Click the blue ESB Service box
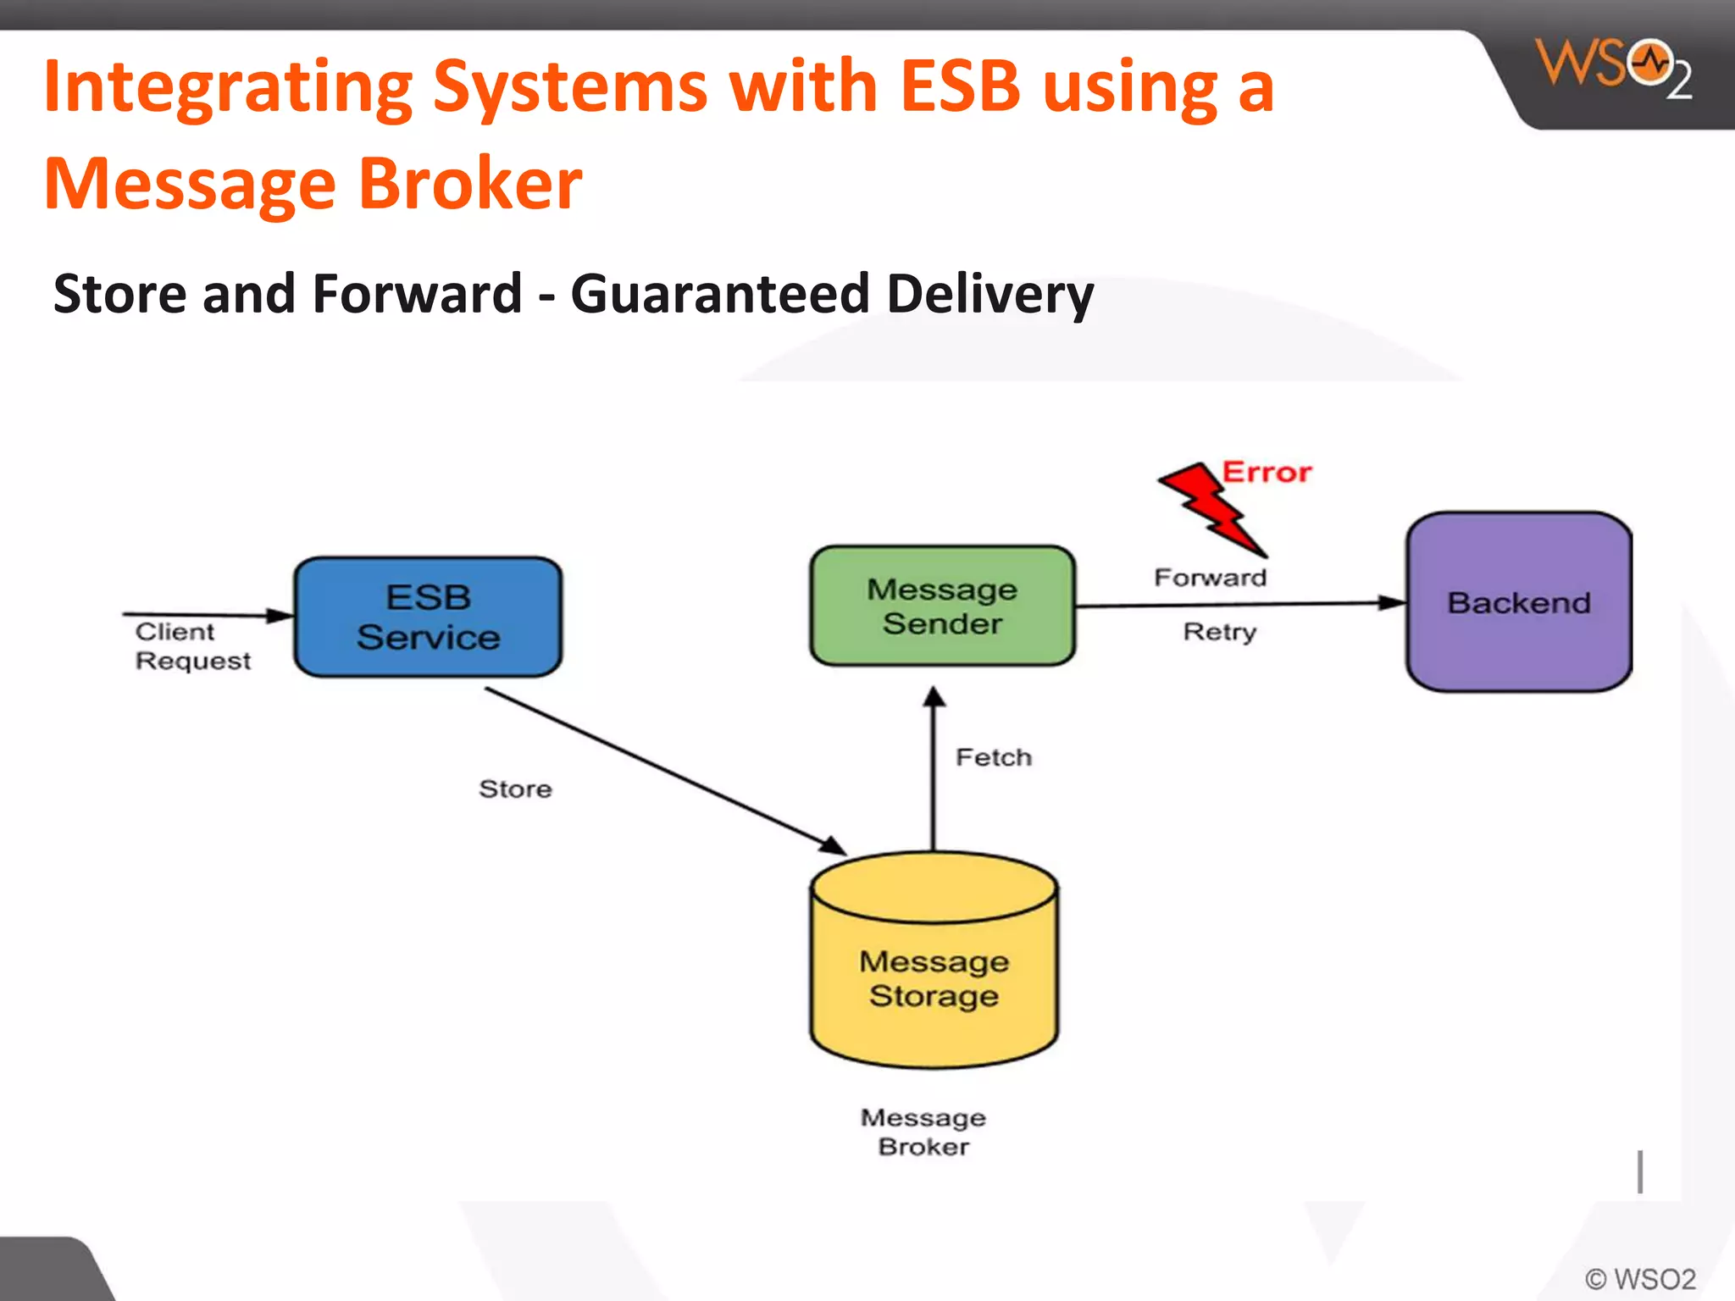[428, 617]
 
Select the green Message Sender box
[942, 606]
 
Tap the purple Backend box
[1518, 602]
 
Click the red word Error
[1267, 472]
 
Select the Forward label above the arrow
[1210, 578]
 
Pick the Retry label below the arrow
[1219, 632]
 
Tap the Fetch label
[994, 757]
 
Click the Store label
[515, 789]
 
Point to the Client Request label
[192, 646]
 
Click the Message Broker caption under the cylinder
[923, 1132]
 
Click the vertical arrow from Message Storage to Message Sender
[934, 771]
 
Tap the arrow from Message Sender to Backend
[1237, 604]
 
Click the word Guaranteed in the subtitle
[720, 294]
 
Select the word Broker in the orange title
[470, 184]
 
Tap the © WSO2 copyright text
[1640, 1278]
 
